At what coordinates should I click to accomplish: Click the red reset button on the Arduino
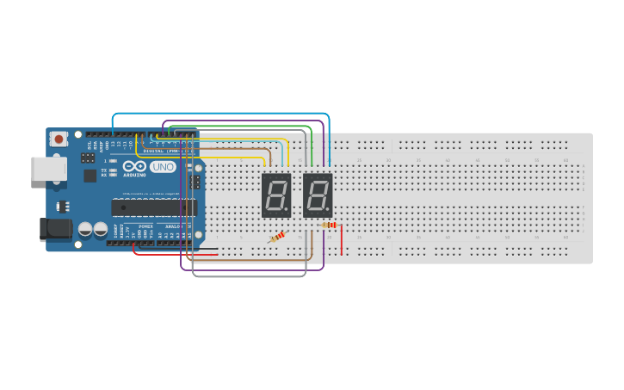59,138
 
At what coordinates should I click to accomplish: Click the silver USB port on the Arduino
48,169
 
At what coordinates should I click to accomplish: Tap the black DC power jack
56,229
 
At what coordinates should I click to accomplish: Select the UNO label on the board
162,167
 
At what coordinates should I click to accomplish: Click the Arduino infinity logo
135,166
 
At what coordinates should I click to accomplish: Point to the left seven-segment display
276,195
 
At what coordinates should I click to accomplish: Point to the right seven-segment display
318,195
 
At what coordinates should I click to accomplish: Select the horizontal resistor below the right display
329,226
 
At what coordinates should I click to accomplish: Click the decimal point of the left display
287,210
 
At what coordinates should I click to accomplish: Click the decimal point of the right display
328,210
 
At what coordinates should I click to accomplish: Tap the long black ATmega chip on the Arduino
154,207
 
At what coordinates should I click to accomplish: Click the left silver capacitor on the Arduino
86,229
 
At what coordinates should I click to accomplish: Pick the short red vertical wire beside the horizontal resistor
342,240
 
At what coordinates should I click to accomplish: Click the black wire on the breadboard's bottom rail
207,249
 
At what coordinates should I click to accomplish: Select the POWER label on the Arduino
145,226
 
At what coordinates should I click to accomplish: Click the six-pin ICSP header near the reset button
88,158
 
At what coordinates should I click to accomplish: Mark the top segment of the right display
318,179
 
